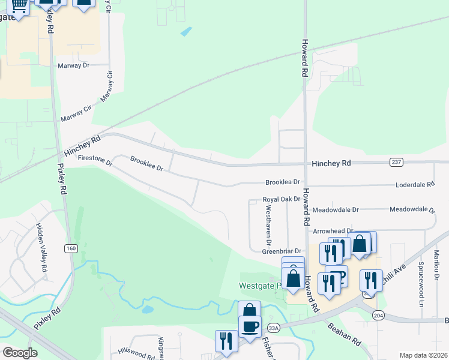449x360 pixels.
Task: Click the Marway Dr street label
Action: click(x=73, y=66)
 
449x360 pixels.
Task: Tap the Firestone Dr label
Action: click(x=95, y=160)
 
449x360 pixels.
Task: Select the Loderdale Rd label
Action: click(x=415, y=185)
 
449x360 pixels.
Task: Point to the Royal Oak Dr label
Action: click(x=281, y=199)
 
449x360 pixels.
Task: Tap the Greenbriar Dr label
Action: click(x=281, y=251)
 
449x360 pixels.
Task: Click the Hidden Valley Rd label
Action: click(x=41, y=248)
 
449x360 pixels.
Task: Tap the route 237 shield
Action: click(x=396, y=162)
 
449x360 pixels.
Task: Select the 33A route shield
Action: click(x=274, y=328)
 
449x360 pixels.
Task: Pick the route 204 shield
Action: click(x=378, y=316)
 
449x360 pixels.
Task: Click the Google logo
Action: click(x=20, y=353)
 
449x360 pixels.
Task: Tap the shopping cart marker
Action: click(x=19, y=5)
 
